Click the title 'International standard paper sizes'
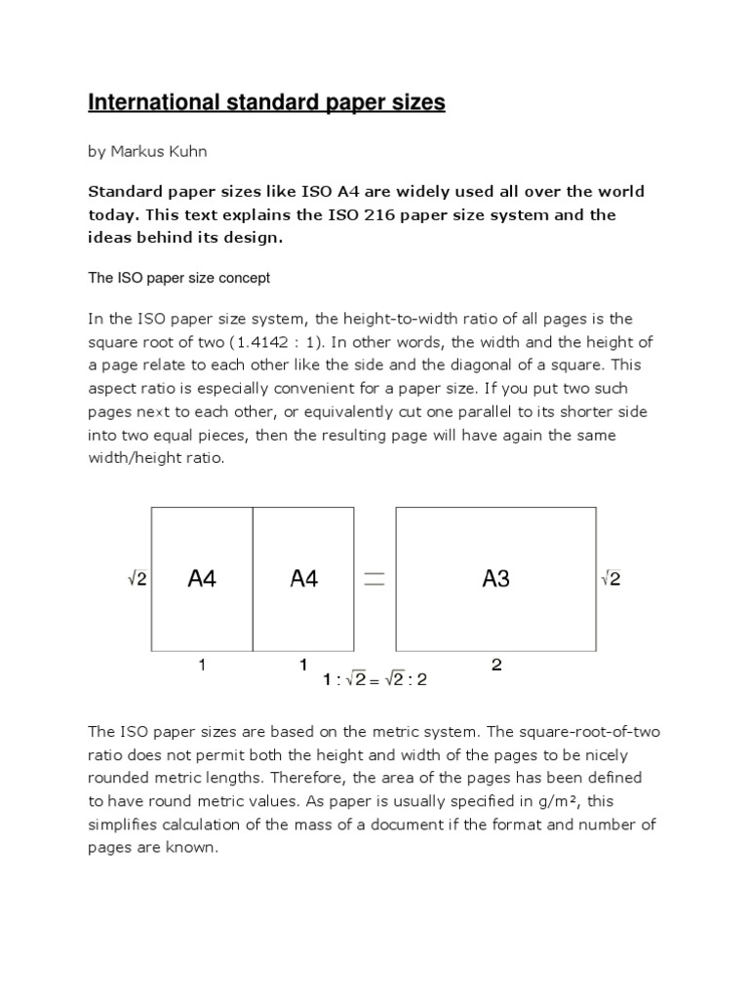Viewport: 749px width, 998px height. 266,102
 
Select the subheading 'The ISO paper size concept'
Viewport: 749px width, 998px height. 178,278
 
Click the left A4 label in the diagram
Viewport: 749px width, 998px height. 201,579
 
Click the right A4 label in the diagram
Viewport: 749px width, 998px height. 304,579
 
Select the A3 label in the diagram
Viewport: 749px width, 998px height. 495,579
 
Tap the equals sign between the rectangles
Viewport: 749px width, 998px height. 374,579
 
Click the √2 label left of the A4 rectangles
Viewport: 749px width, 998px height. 138,579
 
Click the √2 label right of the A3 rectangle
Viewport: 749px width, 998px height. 611,579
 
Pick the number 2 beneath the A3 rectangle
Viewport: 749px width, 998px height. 496,665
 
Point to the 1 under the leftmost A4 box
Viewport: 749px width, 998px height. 201,665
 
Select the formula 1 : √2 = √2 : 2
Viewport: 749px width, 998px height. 374,680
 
